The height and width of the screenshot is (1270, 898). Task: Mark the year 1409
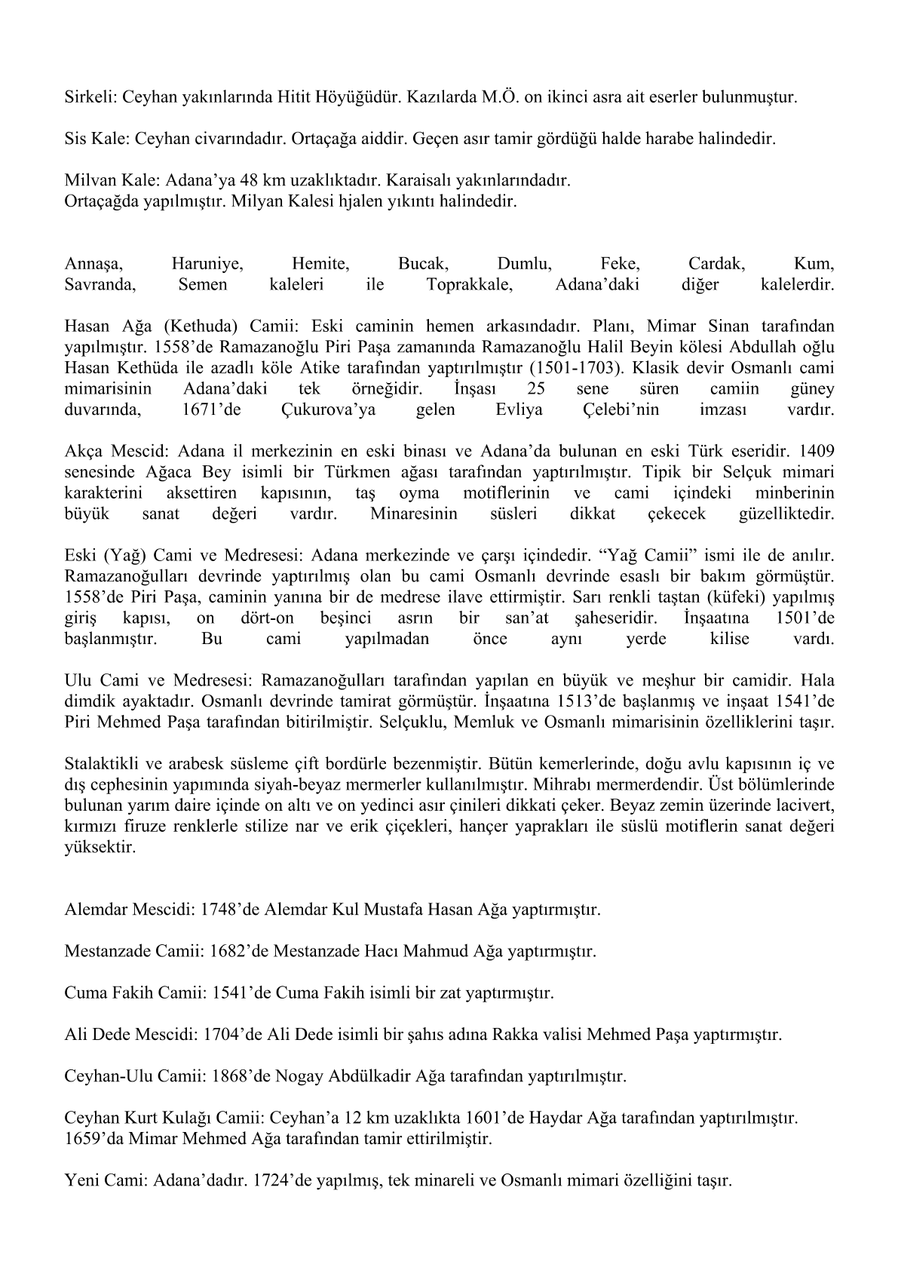click(x=817, y=452)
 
